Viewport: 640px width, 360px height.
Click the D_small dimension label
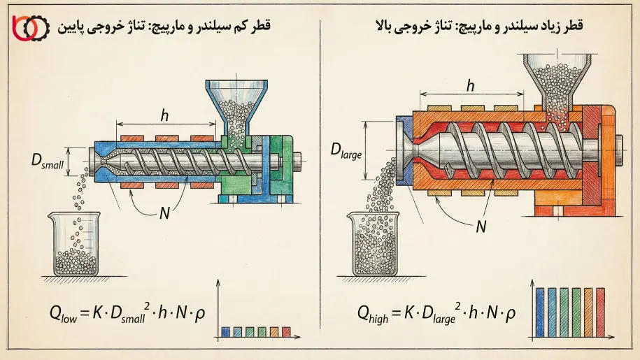coord(47,161)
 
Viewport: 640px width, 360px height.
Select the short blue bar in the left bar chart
coord(225,332)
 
